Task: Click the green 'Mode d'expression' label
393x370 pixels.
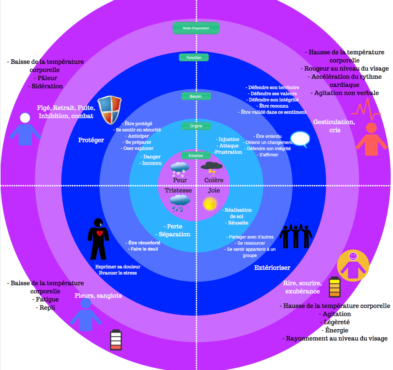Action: click(x=196, y=28)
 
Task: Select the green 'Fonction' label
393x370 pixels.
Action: click(x=194, y=58)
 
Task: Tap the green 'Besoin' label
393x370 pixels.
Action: click(x=196, y=96)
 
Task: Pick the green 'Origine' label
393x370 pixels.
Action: click(x=196, y=126)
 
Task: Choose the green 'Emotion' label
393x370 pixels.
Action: click(x=196, y=156)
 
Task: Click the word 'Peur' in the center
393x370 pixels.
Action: click(x=180, y=180)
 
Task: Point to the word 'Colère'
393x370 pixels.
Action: click(x=213, y=180)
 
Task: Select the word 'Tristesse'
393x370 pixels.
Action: click(x=178, y=191)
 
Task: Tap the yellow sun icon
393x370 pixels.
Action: click(x=210, y=204)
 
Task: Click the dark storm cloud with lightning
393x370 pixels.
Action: click(x=211, y=167)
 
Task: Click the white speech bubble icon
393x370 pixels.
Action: click(x=300, y=139)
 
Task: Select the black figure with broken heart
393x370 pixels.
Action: click(x=98, y=238)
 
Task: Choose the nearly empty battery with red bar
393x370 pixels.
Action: click(x=116, y=340)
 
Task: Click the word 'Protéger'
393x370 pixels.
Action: click(x=91, y=140)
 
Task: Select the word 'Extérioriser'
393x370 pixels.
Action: click(x=272, y=267)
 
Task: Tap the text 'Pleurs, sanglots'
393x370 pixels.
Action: click(x=98, y=295)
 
